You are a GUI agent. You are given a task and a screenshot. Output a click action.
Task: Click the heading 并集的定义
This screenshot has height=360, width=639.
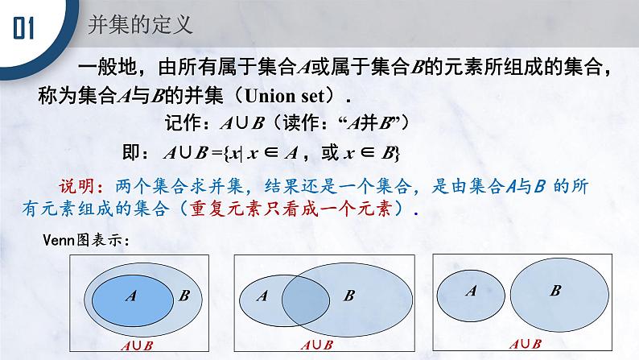pyautogui.click(x=141, y=25)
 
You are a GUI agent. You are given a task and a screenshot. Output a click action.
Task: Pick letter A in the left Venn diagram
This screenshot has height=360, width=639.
pyautogui.click(x=130, y=296)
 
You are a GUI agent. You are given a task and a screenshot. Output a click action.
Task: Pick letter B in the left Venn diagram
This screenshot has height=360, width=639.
pyautogui.click(x=184, y=296)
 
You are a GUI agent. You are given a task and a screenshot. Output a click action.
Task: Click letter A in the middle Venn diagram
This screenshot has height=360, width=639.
pyautogui.click(x=262, y=296)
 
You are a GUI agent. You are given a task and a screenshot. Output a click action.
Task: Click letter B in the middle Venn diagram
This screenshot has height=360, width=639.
pyautogui.click(x=348, y=296)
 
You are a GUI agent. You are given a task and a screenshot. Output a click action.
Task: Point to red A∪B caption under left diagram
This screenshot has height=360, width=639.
pyautogui.click(x=137, y=346)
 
